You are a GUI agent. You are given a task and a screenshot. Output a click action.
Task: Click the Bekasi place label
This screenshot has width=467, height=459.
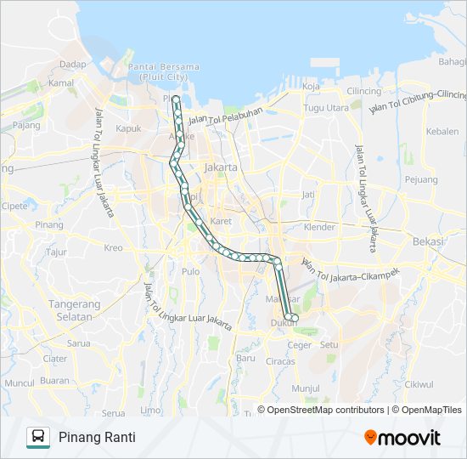coord(428,241)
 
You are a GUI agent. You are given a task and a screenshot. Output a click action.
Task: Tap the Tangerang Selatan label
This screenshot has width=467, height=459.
coord(65,310)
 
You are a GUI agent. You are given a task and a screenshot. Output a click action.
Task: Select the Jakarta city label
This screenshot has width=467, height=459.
coord(221,167)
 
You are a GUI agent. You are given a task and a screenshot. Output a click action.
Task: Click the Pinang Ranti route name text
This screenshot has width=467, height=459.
coord(97,437)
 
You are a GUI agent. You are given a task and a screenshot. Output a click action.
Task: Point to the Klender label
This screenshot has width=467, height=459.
coord(319,228)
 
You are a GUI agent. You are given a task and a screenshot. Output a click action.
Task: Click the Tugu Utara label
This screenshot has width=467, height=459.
coord(326,108)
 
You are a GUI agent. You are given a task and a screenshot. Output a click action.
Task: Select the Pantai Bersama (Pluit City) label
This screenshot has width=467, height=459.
coord(163,71)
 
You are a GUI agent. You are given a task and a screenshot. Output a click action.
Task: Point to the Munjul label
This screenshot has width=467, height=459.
coord(304,388)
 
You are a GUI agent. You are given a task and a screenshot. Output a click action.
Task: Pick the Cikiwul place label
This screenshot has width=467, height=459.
coord(419,383)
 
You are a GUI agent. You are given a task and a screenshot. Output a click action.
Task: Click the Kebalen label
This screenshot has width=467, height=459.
coord(442,132)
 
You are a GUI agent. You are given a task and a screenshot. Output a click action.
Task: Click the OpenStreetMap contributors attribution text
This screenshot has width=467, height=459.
coord(325,410)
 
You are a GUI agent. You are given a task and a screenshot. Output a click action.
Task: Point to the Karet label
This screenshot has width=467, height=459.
coord(221,221)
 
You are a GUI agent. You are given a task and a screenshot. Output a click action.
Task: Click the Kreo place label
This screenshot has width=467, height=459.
coord(113,248)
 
